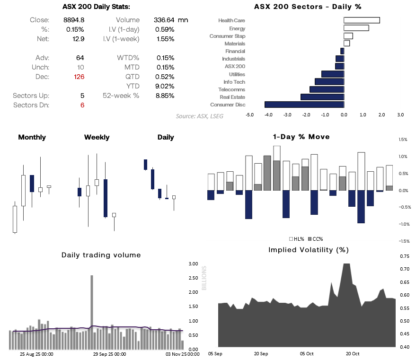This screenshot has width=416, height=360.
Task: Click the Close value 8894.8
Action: (x=74, y=20)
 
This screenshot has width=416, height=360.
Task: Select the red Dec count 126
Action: (x=79, y=77)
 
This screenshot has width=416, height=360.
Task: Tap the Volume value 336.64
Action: (x=164, y=20)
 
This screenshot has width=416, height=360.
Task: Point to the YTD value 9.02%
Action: (x=165, y=86)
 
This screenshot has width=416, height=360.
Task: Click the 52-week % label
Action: (x=121, y=96)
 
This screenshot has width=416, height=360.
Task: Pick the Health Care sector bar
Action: (x=362, y=20)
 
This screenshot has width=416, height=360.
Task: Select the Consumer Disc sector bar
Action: (x=304, y=105)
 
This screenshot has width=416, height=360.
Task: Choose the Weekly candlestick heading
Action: (x=97, y=137)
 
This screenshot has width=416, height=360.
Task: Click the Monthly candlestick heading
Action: (x=32, y=137)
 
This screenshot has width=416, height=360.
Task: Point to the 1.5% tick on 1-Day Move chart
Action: (x=403, y=140)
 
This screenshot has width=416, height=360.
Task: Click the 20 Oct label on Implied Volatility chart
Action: (x=353, y=353)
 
